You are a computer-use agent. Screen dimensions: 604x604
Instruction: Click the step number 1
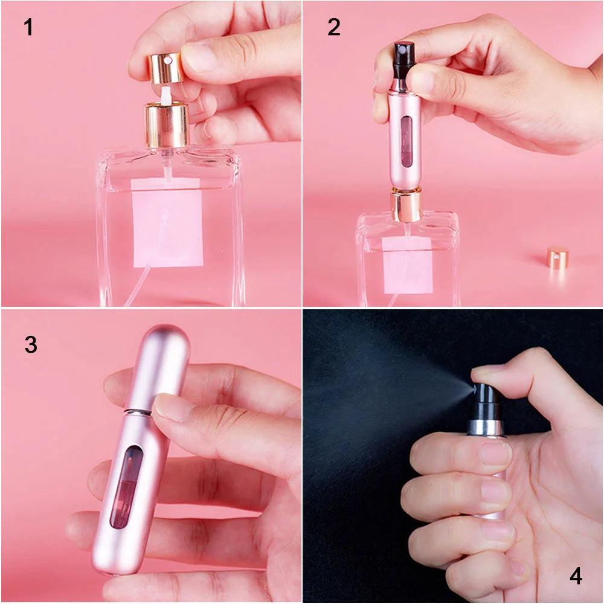(28, 27)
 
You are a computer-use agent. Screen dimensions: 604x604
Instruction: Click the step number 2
(334, 27)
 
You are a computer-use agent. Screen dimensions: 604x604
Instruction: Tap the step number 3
(31, 344)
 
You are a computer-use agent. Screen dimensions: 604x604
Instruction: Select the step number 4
(576, 576)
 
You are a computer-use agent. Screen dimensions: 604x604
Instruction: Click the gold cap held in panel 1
(165, 68)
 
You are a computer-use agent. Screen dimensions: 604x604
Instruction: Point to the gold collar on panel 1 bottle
(167, 125)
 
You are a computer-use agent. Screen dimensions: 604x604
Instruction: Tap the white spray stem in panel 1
(164, 93)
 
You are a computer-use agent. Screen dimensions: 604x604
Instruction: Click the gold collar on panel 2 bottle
(406, 204)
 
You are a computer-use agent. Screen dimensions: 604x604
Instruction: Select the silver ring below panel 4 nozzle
(486, 428)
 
